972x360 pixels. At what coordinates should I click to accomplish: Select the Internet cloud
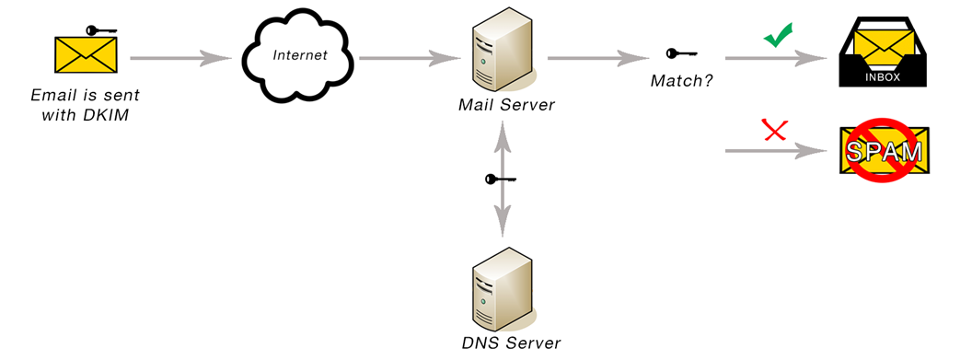pos(298,57)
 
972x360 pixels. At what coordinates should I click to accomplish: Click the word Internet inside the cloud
pos(300,55)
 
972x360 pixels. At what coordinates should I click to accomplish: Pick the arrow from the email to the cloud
pos(180,58)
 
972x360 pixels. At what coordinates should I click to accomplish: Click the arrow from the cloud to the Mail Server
pos(409,58)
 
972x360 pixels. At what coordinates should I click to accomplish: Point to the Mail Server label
pos(506,105)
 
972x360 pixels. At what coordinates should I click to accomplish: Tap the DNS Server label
pos(511,343)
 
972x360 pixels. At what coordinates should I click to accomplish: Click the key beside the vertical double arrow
pos(500,179)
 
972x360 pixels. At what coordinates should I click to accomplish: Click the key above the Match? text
pos(681,53)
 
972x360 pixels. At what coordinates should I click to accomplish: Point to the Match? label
pos(682,81)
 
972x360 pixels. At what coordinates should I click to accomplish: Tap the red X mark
pos(776,132)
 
